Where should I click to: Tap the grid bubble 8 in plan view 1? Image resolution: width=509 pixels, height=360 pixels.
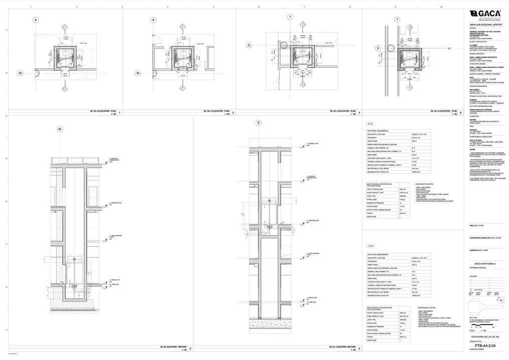[36, 20]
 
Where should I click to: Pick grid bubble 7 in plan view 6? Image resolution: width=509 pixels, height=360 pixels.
[397, 20]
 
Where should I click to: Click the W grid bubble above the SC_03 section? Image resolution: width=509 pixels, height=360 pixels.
[60, 129]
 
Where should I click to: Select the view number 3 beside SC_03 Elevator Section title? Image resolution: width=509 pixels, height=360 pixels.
[190, 347]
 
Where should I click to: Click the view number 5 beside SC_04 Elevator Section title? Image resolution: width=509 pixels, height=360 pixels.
[359, 347]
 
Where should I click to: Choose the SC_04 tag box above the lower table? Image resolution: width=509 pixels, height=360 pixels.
[371, 246]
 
